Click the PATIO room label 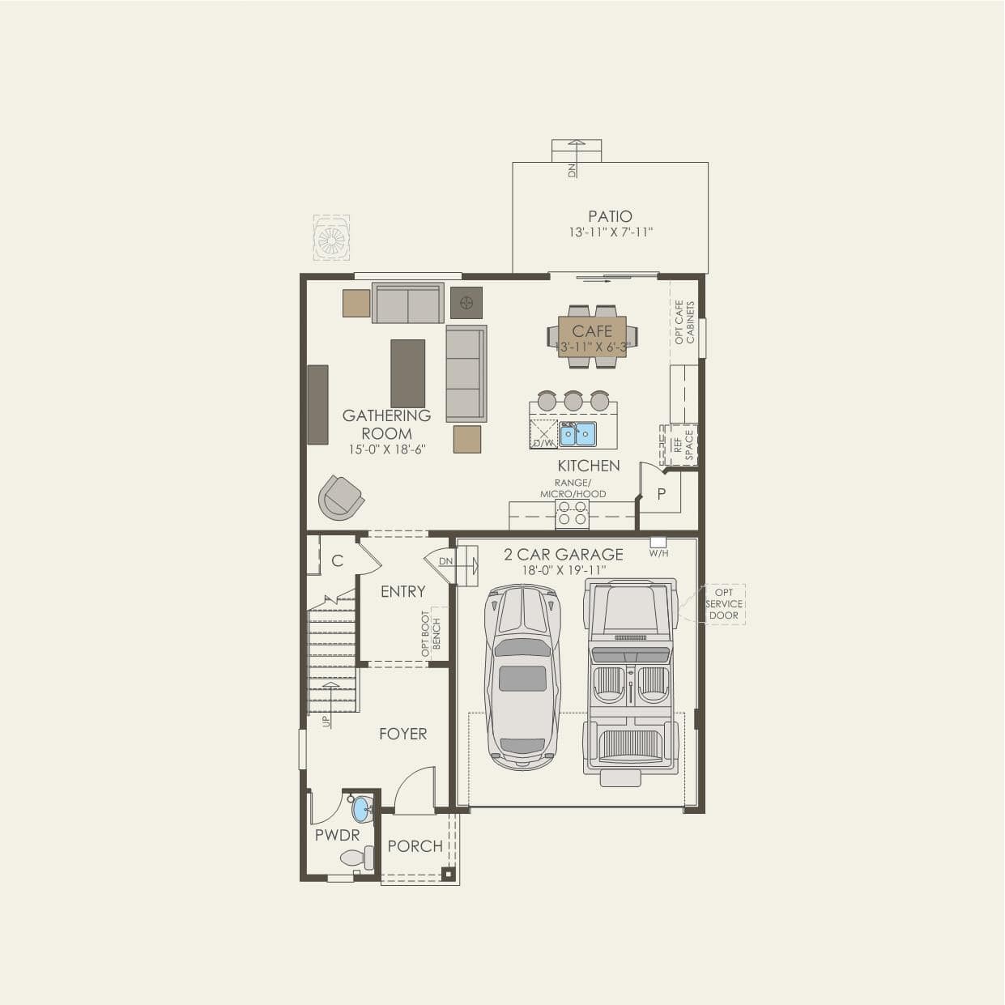(x=610, y=216)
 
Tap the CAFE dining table (x=592, y=336)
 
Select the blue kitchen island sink (x=577, y=433)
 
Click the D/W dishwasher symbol (x=543, y=434)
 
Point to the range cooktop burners (x=572, y=513)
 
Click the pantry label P (x=662, y=493)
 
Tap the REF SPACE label (x=683, y=445)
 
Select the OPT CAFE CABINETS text (x=684, y=322)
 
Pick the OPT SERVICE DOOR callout (x=724, y=604)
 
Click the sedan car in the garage (x=522, y=677)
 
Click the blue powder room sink (x=361, y=808)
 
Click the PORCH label (x=415, y=846)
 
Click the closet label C (x=337, y=560)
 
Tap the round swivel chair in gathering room (x=341, y=497)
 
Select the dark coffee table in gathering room (x=408, y=373)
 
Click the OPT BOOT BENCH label (x=432, y=633)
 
